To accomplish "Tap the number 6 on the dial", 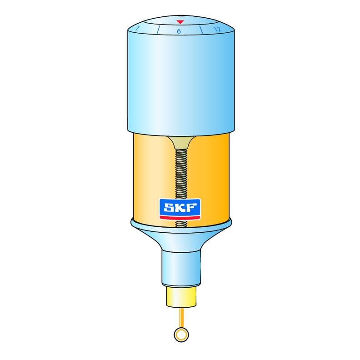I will click(179, 31).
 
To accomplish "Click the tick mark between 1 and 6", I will click(158, 30).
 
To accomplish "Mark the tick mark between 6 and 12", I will click(200, 30).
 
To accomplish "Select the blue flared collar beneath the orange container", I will click(180, 232).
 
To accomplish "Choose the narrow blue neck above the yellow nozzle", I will click(180, 268).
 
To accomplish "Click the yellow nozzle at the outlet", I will click(180, 297).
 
